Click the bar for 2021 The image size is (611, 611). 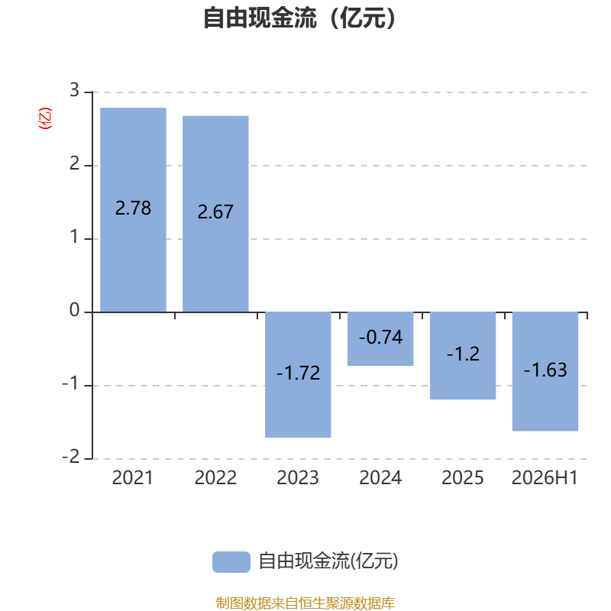[133, 209]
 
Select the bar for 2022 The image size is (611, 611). [215, 214]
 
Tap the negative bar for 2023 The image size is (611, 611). [298, 375]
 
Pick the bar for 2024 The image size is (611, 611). [380, 339]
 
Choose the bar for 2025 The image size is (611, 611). [463, 356]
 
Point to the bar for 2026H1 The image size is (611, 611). [545, 372]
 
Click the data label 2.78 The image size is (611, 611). [133, 208]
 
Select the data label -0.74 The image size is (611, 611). [380, 338]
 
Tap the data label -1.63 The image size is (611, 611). [545, 370]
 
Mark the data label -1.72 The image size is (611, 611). [298, 373]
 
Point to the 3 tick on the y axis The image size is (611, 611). [74, 90]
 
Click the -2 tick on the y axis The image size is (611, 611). [71, 457]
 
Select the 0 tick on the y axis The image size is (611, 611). [74, 311]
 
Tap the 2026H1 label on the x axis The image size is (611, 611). [545, 478]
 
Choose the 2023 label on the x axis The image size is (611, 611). [298, 478]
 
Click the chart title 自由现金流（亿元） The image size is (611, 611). [299, 18]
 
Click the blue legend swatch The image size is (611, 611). [231, 562]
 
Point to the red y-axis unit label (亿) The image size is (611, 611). [45, 118]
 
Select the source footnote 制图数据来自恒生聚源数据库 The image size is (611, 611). [305, 603]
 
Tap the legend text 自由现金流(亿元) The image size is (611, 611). [328, 561]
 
